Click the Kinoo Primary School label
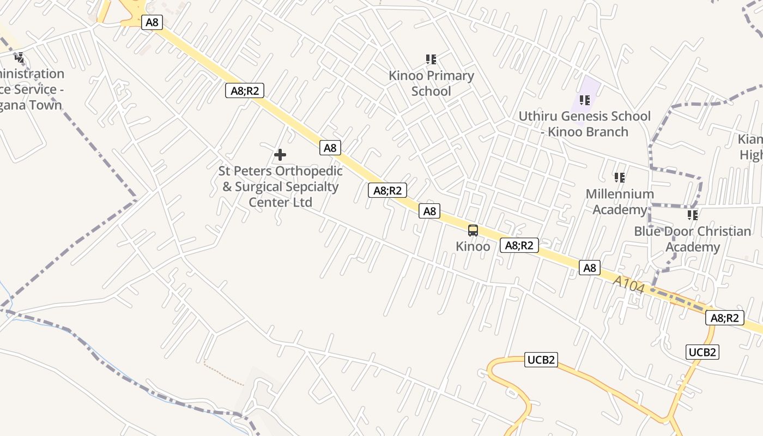431,83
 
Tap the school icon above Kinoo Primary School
431,59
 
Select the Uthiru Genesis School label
584,116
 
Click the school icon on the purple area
585,100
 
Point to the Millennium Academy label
620,202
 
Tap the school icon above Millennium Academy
620,178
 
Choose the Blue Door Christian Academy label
692,239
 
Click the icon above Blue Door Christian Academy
693,215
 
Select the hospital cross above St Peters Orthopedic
280,155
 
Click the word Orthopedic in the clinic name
309,171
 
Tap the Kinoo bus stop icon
473,231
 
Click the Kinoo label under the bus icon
473,246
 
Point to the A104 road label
628,284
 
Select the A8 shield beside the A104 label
590,268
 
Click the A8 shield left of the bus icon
429,211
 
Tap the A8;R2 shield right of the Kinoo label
519,245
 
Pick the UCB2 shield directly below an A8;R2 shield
702,352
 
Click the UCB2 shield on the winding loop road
541,360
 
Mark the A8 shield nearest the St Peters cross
330,148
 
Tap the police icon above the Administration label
20,57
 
